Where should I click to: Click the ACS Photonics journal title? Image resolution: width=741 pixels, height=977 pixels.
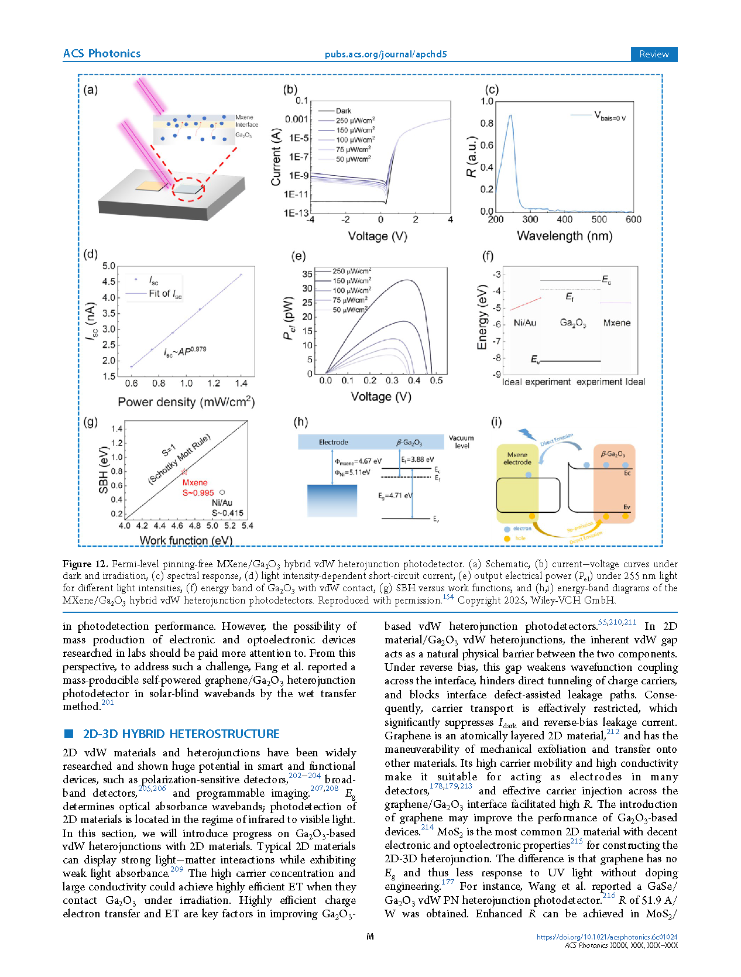(101, 53)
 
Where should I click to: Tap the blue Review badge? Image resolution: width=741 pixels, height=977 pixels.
(653, 54)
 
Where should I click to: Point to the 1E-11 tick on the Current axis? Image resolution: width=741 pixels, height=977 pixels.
(296, 194)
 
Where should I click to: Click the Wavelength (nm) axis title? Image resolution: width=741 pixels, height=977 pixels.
(564, 235)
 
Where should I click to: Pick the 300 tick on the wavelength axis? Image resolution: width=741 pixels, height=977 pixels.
(530, 219)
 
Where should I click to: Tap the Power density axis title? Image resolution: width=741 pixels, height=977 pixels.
(186, 402)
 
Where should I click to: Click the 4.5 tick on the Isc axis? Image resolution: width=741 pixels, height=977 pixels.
(109, 282)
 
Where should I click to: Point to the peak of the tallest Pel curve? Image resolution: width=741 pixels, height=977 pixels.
(406, 280)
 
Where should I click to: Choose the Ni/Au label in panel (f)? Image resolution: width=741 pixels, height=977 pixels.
(524, 323)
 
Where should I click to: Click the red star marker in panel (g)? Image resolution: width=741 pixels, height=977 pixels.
(184, 471)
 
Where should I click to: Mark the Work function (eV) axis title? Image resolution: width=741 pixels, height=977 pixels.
(186, 540)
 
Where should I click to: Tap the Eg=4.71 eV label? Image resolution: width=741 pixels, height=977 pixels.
(395, 495)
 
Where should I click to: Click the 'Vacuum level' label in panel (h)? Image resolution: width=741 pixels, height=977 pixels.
(461, 441)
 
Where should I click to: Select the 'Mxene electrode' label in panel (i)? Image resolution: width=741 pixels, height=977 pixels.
(517, 458)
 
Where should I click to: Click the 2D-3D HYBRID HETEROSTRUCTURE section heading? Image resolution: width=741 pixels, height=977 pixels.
(181, 734)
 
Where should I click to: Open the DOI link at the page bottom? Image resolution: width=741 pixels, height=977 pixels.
(607, 937)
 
